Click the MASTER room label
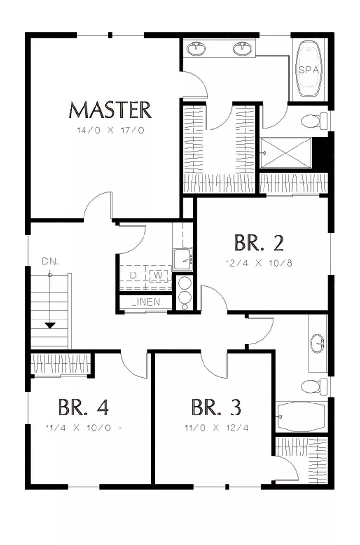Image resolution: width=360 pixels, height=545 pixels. (x=110, y=110)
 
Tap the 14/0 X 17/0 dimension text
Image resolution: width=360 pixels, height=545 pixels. (x=110, y=130)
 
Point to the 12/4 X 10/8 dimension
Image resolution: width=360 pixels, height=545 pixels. (x=259, y=263)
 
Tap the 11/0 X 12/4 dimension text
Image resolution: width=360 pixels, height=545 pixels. (x=216, y=427)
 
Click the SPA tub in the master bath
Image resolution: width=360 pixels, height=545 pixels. (x=308, y=69)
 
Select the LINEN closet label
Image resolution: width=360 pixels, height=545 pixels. (x=146, y=302)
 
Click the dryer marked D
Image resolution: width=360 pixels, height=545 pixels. (x=133, y=275)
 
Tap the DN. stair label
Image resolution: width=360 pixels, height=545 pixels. (x=50, y=261)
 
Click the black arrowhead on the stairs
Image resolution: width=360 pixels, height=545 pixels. (x=50, y=326)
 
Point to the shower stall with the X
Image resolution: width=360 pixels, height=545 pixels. (x=286, y=153)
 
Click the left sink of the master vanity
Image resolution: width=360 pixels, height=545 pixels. (x=196, y=48)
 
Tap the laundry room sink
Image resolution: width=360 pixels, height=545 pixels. (x=183, y=259)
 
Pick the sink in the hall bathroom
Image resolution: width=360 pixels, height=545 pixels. (x=318, y=343)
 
